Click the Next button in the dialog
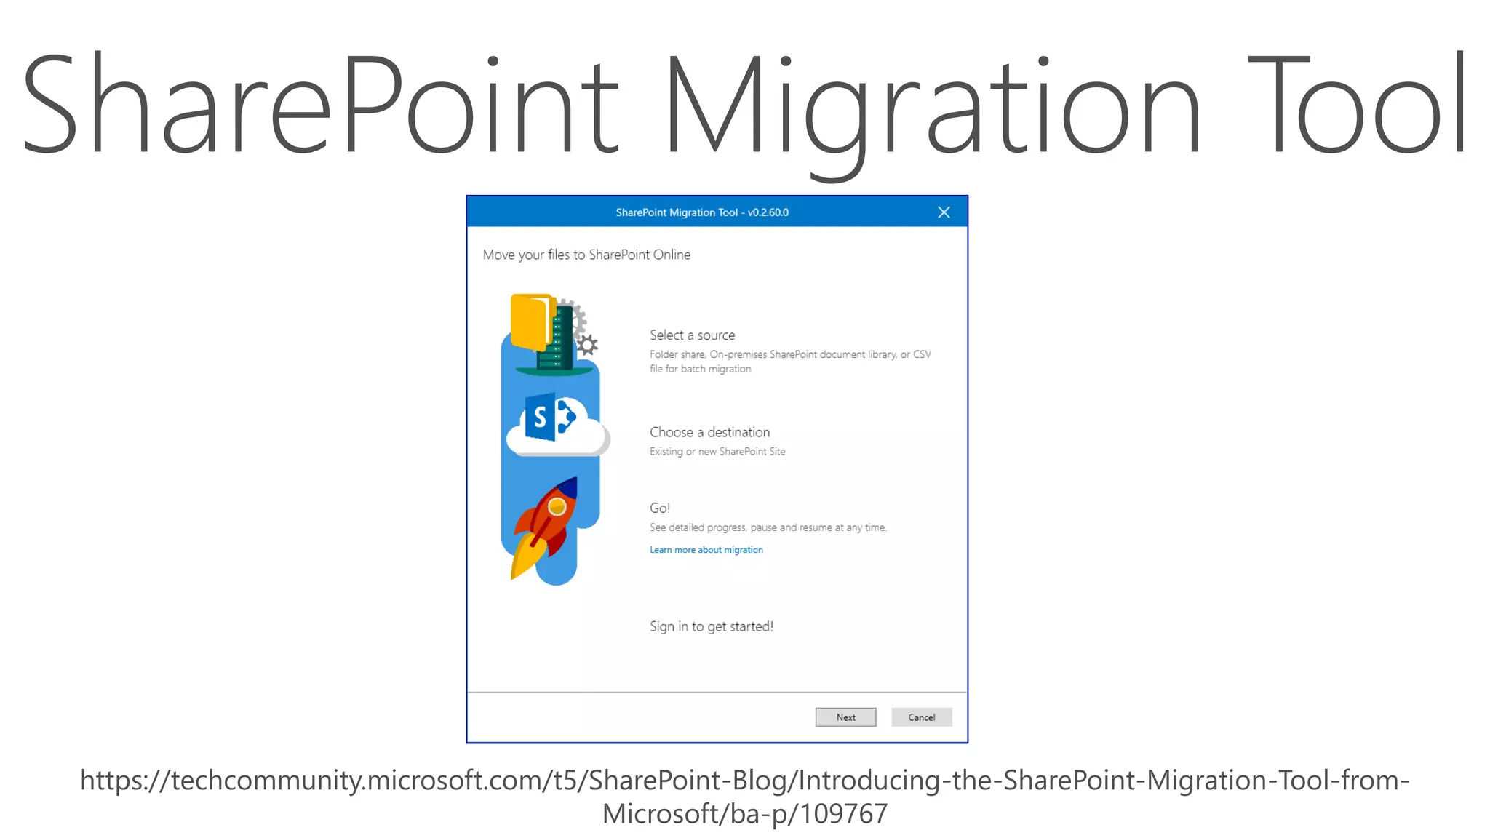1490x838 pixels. tap(845, 717)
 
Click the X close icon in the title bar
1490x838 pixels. tap(944, 212)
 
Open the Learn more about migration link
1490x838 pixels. tap(706, 550)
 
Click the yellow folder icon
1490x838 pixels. tap(529, 321)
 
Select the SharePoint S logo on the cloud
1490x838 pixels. tap(541, 418)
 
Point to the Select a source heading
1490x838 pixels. tap(692, 335)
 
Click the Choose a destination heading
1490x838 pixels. tap(709, 432)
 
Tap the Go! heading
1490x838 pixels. tap(659, 508)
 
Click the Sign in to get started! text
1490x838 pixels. tap(711, 626)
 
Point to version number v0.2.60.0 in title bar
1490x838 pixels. tap(768, 212)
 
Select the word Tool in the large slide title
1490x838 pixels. tap(1358, 105)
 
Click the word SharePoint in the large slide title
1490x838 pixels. tap(321, 105)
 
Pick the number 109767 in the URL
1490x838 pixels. tap(844, 814)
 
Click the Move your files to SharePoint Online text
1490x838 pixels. tap(586, 255)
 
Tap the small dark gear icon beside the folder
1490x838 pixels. tap(587, 345)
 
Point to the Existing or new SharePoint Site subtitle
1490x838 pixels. tap(717, 452)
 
